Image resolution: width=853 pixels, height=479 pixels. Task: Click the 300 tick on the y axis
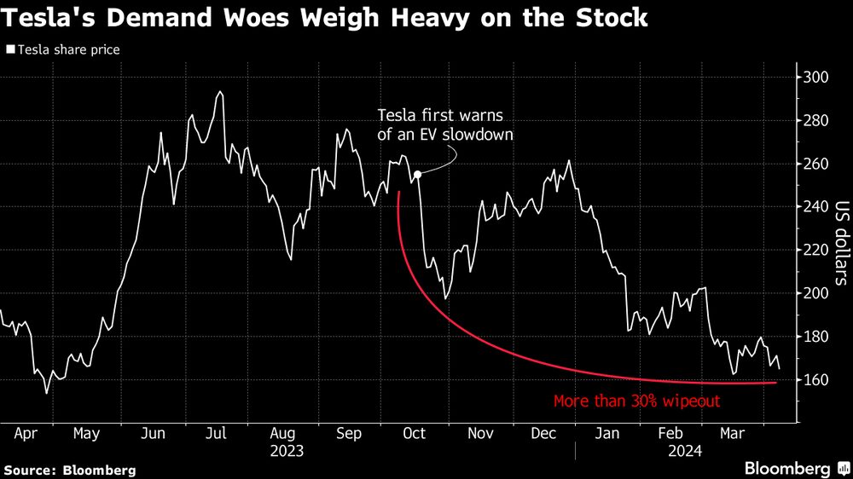(x=814, y=78)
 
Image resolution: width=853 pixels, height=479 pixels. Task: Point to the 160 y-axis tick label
(x=814, y=379)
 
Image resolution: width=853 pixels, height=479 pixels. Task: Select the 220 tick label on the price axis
(x=814, y=250)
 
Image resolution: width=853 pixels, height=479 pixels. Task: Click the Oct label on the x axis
(x=414, y=433)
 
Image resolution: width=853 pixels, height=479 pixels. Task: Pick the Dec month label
(x=543, y=433)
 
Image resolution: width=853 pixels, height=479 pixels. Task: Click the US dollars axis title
(x=841, y=243)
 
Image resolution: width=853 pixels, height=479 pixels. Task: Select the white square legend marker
(x=9, y=49)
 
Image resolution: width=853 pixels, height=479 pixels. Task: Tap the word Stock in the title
(x=607, y=17)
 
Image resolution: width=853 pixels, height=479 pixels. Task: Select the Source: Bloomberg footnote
(x=70, y=470)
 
